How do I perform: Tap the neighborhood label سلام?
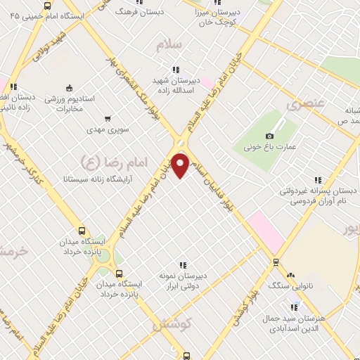click(171, 45)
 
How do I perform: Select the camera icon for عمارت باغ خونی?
click(270, 136)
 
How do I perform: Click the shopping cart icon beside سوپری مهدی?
click(107, 120)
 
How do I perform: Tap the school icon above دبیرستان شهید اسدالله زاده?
click(175, 70)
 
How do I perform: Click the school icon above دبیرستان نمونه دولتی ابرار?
click(183, 265)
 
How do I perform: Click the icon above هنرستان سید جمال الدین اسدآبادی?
click(293, 307)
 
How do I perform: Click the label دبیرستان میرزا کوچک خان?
click(224, 16)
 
